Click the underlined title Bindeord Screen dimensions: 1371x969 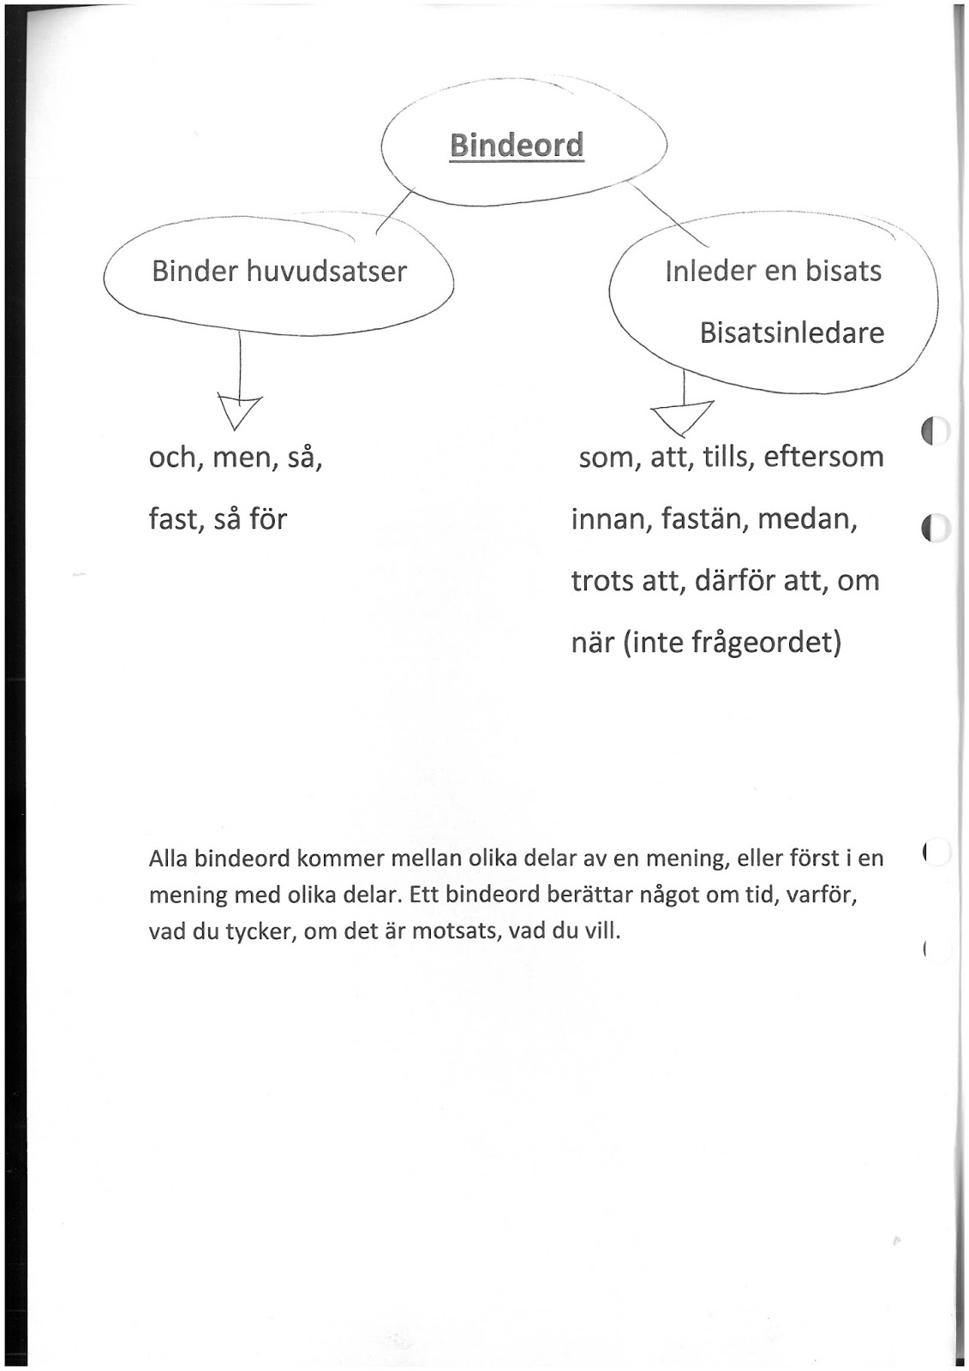[x=516, y=145]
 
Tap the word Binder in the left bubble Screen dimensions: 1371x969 [x=194, y=272]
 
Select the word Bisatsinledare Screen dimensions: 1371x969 [x=792, y=332]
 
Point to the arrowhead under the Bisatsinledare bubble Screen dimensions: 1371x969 [x=684, y=417]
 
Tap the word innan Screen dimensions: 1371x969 [x=610, y=518]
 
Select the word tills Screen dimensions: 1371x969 [x=725, y=456]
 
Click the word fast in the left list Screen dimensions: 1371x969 [x=174, y=518]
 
